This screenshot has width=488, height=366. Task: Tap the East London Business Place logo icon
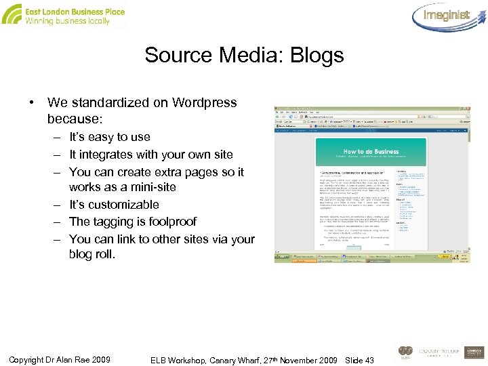point(12,14)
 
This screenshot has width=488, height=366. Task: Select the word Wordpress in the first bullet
point(205,103)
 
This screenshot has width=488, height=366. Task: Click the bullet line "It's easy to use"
point(110,137)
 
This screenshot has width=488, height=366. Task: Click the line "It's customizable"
point(114,205)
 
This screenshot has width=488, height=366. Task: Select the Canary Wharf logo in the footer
point(439,352)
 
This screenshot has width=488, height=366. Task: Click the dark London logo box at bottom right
point(475,353)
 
